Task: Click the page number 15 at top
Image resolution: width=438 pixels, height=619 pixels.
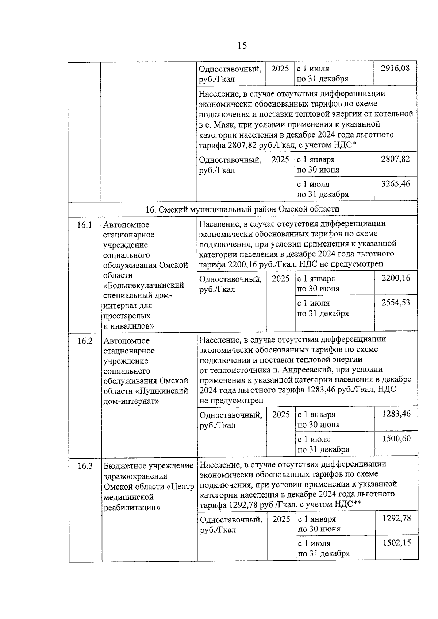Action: (x=242, y=45)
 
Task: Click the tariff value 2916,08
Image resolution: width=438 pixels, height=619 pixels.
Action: (x=395, y=68)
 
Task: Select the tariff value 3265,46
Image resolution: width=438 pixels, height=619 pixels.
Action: (x=396, y=183)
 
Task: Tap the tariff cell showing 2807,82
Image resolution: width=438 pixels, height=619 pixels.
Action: (x=395, y=159)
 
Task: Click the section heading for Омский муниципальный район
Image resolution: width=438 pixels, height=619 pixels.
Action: (x=242, y=209)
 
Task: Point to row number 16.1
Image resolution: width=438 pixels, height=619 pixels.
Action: (x=84, y=225)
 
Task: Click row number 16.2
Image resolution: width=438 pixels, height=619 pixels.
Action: (x=85, y=341)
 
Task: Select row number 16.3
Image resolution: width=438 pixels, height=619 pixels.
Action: (x=85, y=466)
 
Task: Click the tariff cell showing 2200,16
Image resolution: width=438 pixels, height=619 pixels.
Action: (x=396, y=278)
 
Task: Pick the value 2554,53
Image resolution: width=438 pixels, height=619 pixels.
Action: (x=396, y=303)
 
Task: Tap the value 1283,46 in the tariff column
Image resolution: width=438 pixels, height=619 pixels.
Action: (x=396, y=414)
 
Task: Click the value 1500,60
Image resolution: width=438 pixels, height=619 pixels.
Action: (x=396, y=439)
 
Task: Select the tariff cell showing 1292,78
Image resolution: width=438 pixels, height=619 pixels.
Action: (x=396, y=518)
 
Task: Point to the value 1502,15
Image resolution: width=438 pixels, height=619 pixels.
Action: (x=396, y=543)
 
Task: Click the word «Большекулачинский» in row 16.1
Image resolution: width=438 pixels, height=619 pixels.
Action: (x=143, y=285)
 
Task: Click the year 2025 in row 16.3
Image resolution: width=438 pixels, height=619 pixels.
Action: (x=281, y=519)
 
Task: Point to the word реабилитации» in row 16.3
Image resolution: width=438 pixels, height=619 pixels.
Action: (x=132, y=507)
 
